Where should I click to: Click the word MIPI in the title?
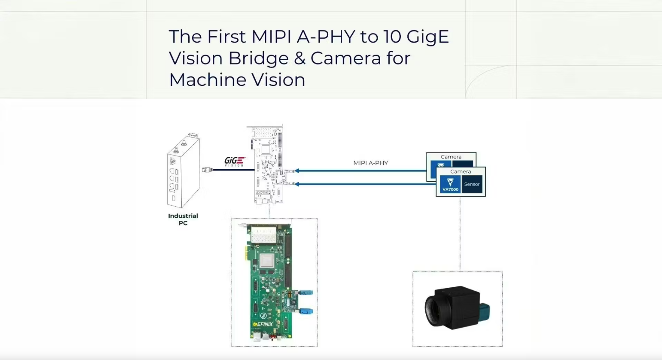tap(271, 37)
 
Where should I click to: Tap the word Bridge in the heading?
tap(258, 59)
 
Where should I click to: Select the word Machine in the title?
tap(207, 80)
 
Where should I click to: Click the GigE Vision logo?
tap(234, 161)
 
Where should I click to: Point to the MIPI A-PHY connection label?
tap(370, 163)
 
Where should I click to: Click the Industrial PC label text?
tap(183, 219)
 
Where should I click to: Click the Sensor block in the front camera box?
tap(472, 184)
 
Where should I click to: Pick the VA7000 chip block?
tap(450, 184)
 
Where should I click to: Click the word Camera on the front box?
tap(460, 172)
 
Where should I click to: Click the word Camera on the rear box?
tap(451, 157)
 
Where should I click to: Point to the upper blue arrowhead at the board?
tap(297, 171)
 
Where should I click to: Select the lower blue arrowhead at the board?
tap(297, 184)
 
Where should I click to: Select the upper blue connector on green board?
tap(306, 293)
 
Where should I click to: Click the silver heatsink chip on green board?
tap(267, 260)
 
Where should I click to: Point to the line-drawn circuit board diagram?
tap(269, 164)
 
